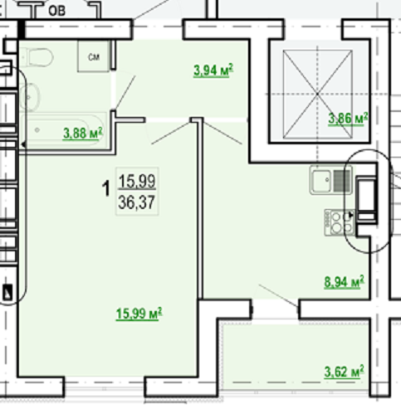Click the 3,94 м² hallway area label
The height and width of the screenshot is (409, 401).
213,71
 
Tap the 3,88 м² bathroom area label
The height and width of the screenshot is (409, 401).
83,134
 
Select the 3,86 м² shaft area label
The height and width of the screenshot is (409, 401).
348,119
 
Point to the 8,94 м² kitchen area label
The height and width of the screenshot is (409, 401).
344,282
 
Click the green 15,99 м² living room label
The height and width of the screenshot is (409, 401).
139,314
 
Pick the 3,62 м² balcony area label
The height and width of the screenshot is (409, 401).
344,372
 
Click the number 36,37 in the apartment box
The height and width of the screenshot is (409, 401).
136,202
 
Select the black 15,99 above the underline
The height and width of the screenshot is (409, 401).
137,181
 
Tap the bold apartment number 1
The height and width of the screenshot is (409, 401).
106,188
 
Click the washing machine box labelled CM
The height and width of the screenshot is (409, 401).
93,56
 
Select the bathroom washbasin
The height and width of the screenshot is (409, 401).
30,97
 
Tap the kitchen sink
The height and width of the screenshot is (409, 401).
331,180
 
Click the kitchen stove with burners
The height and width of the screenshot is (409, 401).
340,222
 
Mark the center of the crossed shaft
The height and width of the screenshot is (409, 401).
317,94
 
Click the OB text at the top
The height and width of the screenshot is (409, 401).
56,11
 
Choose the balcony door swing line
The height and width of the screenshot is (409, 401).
278,295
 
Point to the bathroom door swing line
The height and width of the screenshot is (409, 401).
125,92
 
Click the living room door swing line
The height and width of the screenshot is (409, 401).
171,133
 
